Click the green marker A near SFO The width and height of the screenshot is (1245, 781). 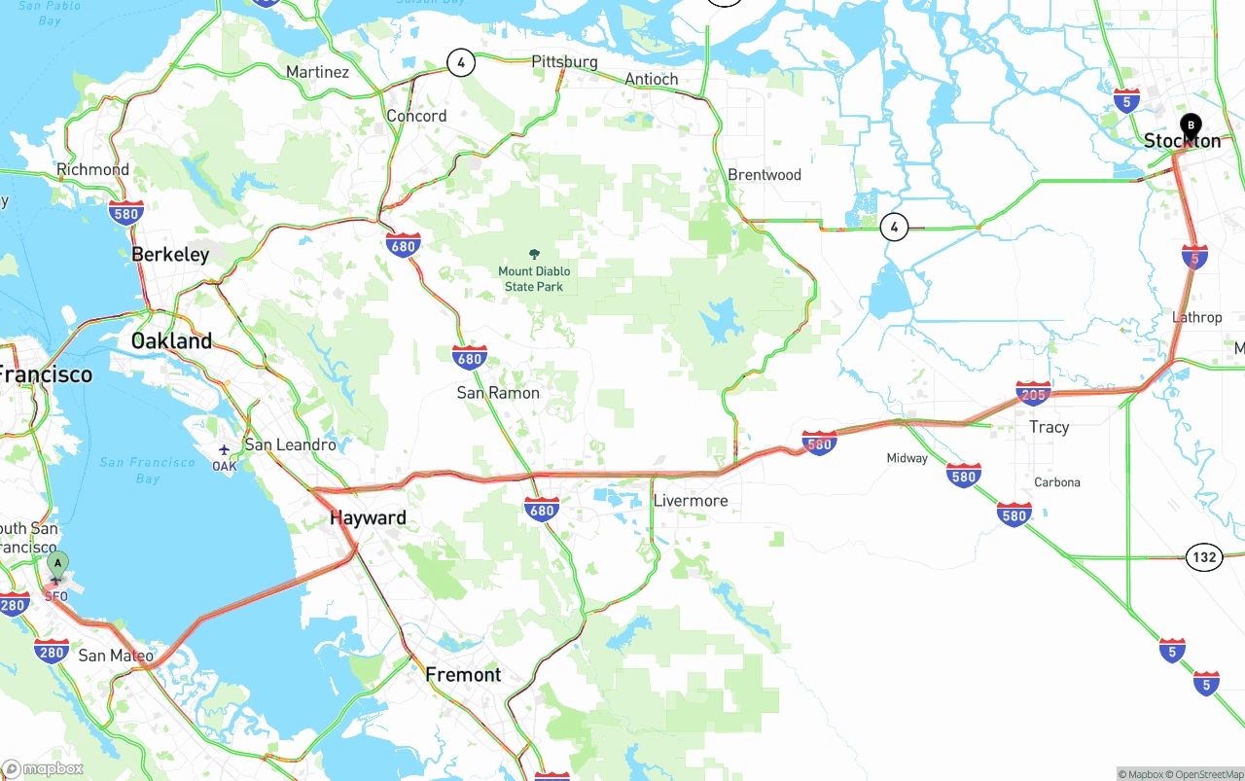(57, 563)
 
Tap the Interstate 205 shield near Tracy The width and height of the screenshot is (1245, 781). (1033, 394)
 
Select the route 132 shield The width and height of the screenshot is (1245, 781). (1204, 557)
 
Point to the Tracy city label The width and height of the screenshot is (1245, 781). (1049, 427)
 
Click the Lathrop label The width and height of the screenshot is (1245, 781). (1196, 317)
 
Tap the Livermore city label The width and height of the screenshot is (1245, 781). (691, 501)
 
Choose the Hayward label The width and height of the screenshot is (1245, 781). (368, 518)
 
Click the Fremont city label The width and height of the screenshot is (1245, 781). (463, 675)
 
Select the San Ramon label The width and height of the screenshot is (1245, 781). (498, 393)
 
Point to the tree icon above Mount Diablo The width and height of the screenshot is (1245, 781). (534, 254)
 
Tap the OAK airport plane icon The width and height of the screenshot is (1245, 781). (225, 450)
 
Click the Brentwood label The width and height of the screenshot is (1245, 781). (765, 175)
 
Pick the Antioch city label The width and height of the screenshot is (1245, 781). (651, 79)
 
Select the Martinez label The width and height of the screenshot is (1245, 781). (317, 72)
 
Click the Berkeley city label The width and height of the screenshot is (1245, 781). (170, 255)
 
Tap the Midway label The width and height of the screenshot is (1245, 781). (907, 458)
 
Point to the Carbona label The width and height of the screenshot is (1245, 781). (1056, 482)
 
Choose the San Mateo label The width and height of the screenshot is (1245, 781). (116, 656)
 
